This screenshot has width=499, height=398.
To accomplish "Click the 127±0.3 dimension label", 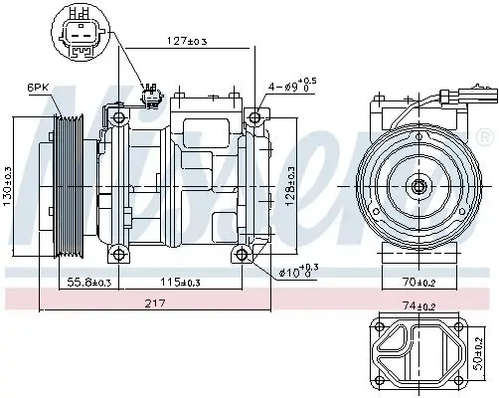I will coord(186,42).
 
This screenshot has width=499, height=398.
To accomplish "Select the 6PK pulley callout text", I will coord(38,88).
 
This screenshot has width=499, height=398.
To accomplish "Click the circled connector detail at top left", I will coord(82,31).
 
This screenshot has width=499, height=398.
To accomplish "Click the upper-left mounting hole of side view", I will coord(119,118).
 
